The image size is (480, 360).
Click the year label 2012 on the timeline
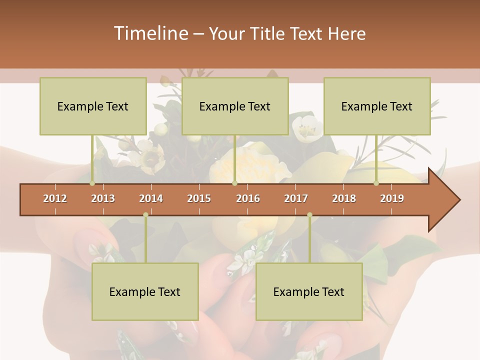[x=55, y=198]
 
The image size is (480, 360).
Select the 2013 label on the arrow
[x=103, y=198]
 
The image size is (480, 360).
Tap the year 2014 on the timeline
[x=151, y=198]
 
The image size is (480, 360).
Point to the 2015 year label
[x=199, y=198]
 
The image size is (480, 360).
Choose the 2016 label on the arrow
[x=248, y=198]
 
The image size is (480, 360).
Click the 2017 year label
[x=296, y=198]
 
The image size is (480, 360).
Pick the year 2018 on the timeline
[x=344, y=198]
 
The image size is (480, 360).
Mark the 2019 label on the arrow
[x=392, y=198]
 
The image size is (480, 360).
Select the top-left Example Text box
[x=93, y=106]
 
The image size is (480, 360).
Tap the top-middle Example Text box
[x=235, y=106]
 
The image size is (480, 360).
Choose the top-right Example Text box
[x=377, y=106]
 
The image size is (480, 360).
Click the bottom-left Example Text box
[x=145, y=291]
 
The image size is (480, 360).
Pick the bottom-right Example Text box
[x=309, y=291]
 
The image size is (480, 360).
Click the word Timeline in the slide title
[x=150, y=33]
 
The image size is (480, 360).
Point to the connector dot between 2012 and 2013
[x=92, y=183]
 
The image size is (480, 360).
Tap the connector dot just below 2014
[x=145, y=215]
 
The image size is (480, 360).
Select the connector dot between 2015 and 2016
[x=234, y=183]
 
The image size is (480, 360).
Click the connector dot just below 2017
[x=309, y=215]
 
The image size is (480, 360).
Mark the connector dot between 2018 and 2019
[x=376, y=183]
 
